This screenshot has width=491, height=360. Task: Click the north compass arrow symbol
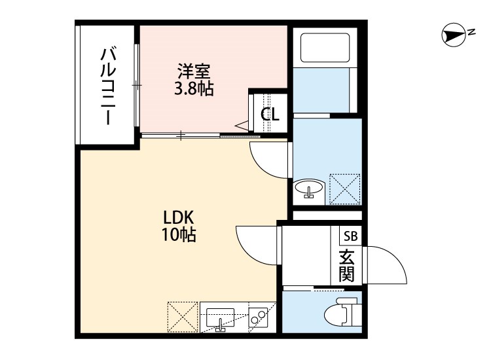tap(452, 35)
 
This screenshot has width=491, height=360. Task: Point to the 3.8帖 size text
tap(193, 89)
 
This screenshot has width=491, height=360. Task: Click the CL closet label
tap(270, 114)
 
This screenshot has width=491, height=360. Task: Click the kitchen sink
tap(221, 317)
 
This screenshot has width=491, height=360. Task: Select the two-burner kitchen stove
tap(260, 317)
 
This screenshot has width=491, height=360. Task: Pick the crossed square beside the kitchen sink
tap(182, 317)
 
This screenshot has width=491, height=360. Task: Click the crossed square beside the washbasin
tap(344, 189)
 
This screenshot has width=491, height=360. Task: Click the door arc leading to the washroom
tap(267, 160)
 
